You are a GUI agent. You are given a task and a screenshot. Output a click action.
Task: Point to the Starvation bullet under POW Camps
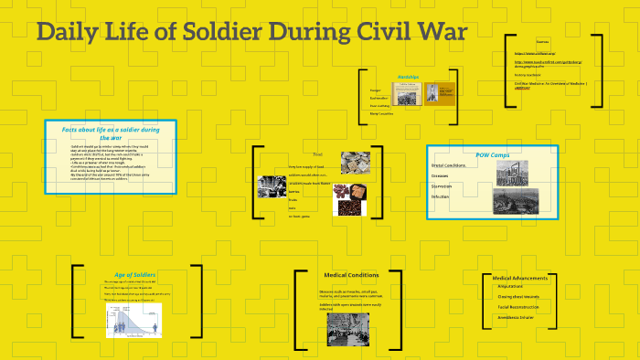click(x=442, y=185)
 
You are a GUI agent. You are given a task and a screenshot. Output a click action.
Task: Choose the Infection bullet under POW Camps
click(x=441, y=196)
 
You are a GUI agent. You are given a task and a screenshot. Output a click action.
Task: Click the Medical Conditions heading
click(x=351, y=274)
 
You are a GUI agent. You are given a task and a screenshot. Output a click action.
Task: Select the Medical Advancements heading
click(x=519, y=278)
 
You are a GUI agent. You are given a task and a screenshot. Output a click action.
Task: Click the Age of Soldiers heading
click(x=135, y=274)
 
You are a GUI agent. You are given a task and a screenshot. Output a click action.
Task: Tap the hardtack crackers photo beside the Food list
click(x=355, y=162)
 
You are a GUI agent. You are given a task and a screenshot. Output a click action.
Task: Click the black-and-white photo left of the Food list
click(x=272, y=186)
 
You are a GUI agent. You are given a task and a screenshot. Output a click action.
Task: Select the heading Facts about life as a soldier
click(x=110, y=133)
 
